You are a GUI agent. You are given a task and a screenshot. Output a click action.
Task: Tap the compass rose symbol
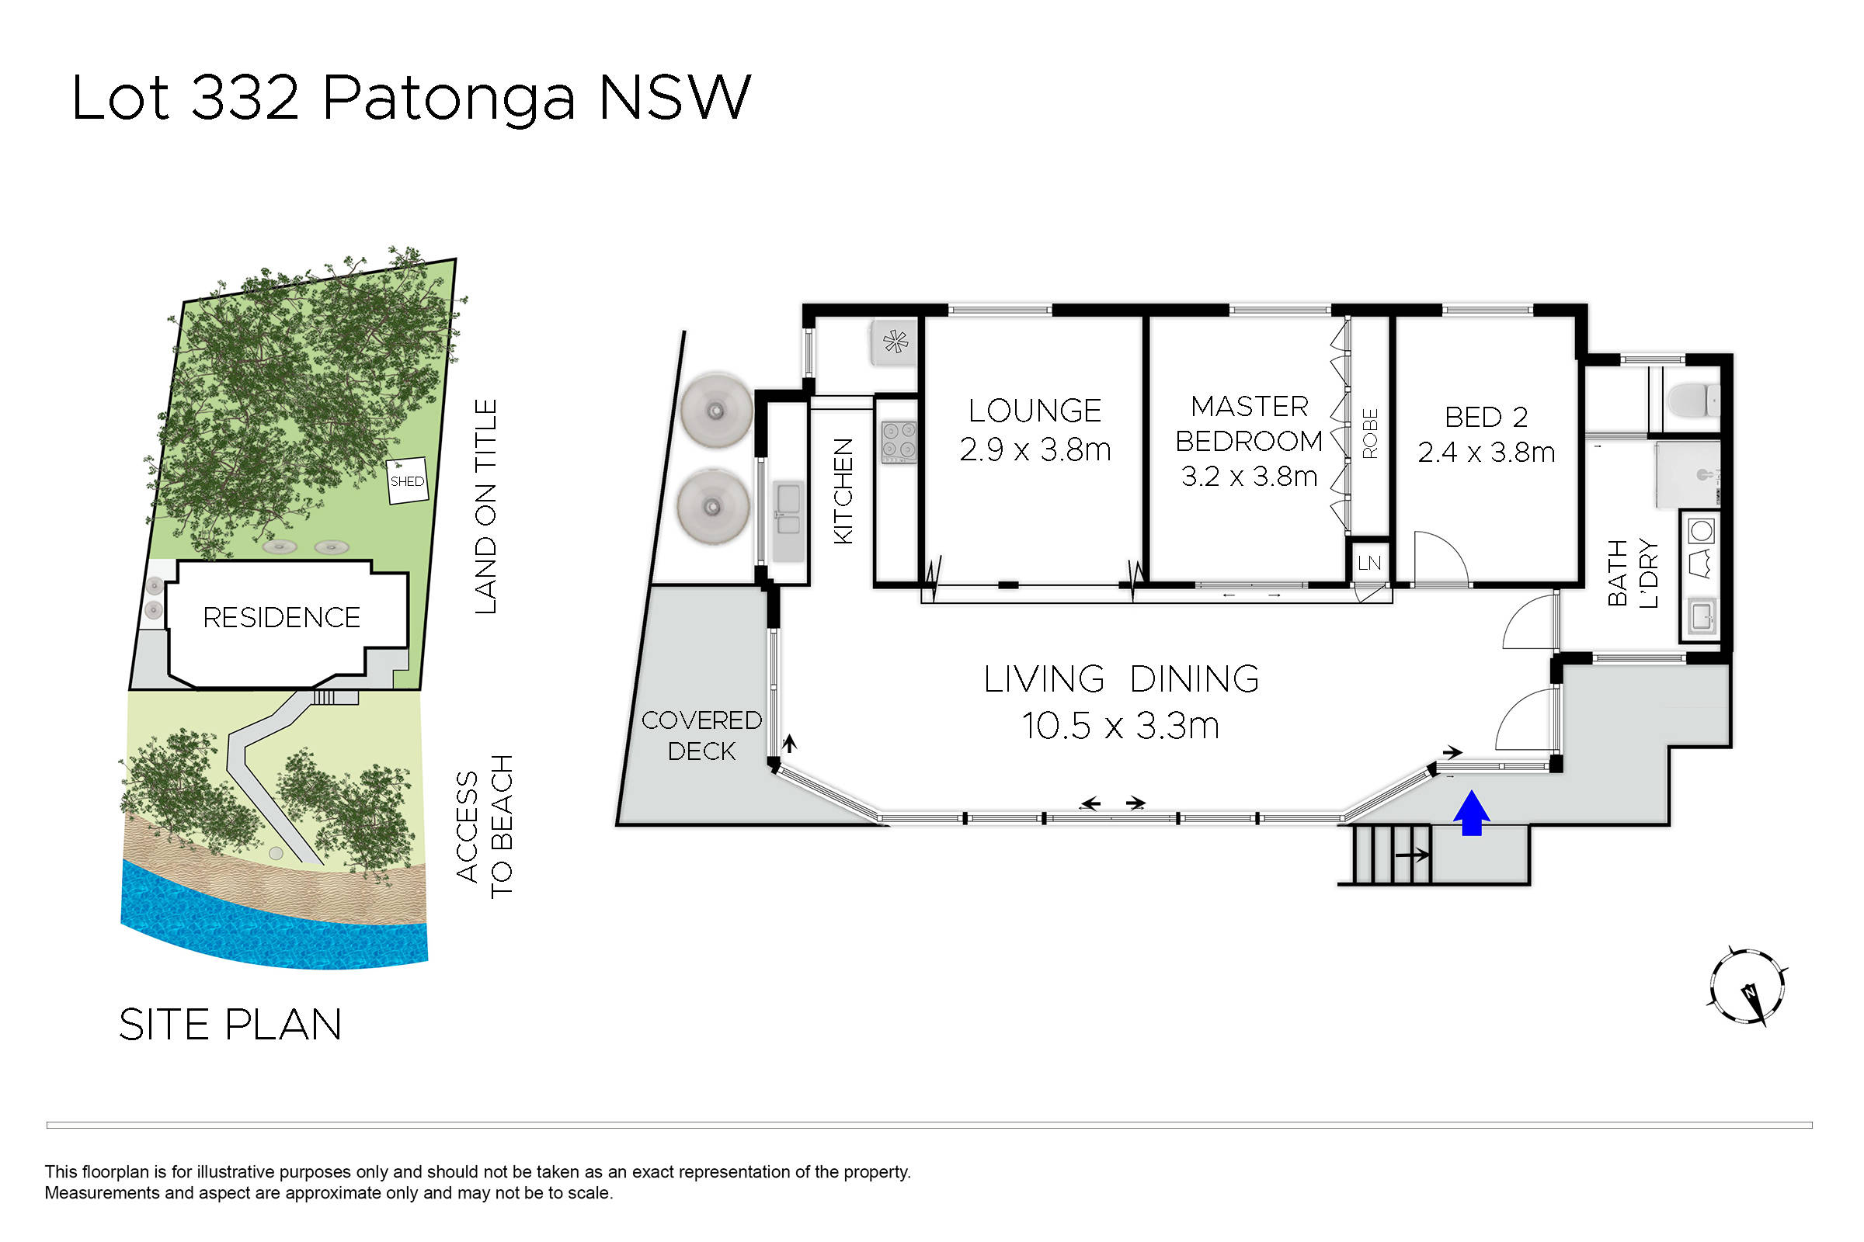tap(1747, 987)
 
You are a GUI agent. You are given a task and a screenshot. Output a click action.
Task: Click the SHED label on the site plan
tap(406, 480)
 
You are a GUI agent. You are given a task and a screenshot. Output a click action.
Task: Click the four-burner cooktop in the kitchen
tap(899, 442)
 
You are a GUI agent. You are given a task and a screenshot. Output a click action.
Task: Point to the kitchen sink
tap(788, 510)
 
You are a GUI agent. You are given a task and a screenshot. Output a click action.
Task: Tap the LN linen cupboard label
tap(1369, 564)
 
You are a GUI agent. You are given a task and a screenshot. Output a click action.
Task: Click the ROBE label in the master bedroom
tap(1370, 433)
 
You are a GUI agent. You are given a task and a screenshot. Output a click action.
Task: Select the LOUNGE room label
tap(1035, 411)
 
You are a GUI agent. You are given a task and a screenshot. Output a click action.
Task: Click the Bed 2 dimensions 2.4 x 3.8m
tap(1486, 453)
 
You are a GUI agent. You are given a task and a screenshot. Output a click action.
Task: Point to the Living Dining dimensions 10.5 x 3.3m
tap(1120, 726)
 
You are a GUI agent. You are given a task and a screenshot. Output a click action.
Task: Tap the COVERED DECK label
tap(701, 735)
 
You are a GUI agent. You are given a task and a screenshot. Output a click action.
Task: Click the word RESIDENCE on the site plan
tap(281, 617)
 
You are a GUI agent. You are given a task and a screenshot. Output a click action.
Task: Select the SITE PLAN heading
tap(230, 1024)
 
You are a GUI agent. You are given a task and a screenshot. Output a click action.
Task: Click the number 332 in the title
tap(245, 98)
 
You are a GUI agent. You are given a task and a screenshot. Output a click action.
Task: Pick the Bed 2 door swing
tap(1441, 558)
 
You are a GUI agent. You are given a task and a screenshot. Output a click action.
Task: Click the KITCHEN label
tap(843, 491)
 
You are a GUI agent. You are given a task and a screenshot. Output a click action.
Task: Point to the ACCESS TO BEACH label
tap(485, 826)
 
